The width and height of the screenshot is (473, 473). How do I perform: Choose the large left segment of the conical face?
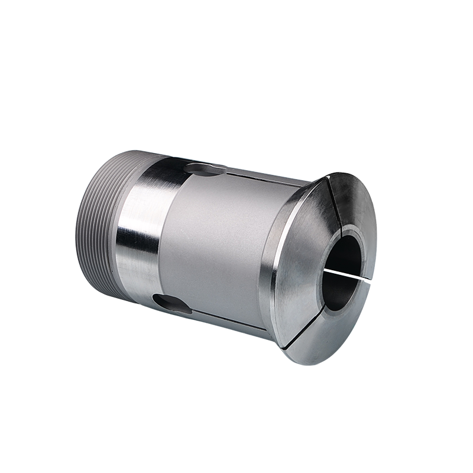coord(296,260)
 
